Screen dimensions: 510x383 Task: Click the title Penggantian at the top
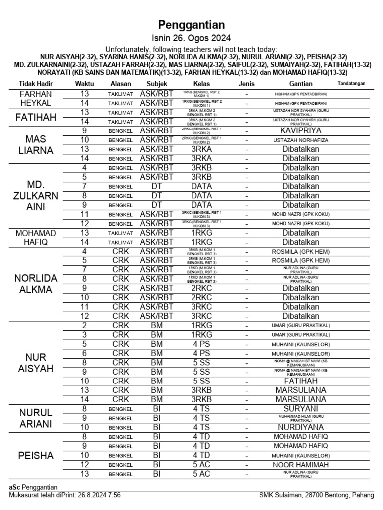[191, 25]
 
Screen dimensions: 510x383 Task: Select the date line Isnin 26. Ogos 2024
[191, 39]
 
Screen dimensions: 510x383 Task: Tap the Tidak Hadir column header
[36, 84]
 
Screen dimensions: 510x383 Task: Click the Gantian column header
[300, 84]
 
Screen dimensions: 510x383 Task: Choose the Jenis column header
[247, 84]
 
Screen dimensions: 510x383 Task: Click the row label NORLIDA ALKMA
[36, 283]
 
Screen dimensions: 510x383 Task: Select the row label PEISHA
[36, 455]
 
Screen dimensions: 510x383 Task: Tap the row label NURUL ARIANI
[36, 418]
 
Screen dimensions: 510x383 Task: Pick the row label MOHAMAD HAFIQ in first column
[36, 237]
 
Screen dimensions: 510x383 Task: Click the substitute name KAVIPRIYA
[300, 130]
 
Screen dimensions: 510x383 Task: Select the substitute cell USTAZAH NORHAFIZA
[300, 140]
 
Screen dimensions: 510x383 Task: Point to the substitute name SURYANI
[300, 408]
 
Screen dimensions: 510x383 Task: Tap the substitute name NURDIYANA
[300, 427]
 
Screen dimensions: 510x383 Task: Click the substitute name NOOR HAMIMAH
[300, 465]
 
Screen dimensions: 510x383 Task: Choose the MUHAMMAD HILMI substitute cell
[300, 418]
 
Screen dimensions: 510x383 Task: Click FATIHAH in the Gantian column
[300, 381]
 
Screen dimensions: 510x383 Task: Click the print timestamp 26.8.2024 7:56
[96, 495]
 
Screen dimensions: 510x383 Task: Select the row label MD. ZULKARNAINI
[36, 196]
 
